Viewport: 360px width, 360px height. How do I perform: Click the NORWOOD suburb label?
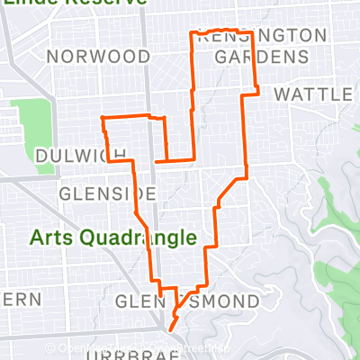98,57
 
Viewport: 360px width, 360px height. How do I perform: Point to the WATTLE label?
312,94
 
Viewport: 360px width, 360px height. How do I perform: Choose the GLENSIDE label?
107,194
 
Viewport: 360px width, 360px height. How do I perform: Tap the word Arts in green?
51,238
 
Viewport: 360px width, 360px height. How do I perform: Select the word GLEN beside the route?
140,300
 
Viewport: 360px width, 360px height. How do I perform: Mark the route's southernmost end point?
171,328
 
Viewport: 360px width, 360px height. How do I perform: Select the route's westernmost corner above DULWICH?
102,118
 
